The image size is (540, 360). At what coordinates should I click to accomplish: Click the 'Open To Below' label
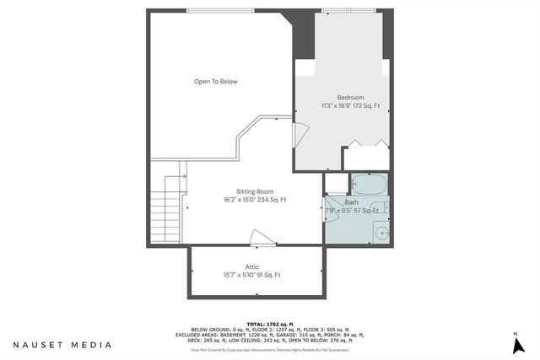click(216, 82)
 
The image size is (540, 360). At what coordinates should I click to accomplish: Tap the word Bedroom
click(350, 97)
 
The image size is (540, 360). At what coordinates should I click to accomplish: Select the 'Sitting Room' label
click(255, 191)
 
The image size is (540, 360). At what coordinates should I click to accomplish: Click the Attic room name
click(252, 266)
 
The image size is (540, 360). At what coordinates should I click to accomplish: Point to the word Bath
click(352, 202)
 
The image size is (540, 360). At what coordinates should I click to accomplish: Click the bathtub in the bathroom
click(367, 184)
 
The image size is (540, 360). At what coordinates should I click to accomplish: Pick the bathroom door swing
click(329, 207)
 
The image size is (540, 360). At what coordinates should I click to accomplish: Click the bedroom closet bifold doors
click(367, 146)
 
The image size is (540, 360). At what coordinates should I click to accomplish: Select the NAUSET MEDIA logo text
click(62, 345)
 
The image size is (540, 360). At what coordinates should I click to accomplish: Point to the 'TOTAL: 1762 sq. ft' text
click(270, 324)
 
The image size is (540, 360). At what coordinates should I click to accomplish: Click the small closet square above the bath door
click(335, 183)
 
